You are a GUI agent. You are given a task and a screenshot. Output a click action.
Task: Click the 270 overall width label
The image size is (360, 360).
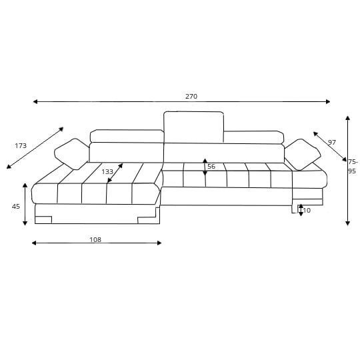[191, 96]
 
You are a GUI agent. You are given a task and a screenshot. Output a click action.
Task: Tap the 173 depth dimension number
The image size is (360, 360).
[21, 146]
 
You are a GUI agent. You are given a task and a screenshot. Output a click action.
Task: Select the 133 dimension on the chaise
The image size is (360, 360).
[107, 172]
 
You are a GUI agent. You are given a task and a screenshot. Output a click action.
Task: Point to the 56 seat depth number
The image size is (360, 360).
[211, 167]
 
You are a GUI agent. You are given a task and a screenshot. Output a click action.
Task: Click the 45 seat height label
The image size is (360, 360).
[16, 207]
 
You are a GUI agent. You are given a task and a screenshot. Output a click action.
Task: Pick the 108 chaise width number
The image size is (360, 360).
[95, 240]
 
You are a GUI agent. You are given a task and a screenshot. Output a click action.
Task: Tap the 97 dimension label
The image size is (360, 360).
[331, 143]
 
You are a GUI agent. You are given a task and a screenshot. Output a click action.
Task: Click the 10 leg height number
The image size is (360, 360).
[305, 210]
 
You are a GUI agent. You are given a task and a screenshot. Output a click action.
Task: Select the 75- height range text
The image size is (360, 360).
[353, 162]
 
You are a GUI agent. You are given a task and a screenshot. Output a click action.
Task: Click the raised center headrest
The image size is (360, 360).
[193, 127]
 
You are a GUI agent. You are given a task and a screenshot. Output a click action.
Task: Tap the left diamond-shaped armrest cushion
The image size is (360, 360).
[71, 154]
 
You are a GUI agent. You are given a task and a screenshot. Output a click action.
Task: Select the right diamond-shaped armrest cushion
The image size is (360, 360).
[303, 155]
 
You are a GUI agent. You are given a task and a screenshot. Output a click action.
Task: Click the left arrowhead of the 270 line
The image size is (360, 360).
[35, 101]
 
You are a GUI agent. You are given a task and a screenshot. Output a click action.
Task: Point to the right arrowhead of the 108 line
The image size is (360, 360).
[159, 243]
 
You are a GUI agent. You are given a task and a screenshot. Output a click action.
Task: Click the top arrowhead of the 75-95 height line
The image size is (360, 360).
[347, 118]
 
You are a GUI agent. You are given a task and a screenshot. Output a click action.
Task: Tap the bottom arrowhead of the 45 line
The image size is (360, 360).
[25, 223]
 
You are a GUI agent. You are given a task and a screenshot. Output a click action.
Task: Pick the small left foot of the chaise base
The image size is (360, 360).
[43, 220]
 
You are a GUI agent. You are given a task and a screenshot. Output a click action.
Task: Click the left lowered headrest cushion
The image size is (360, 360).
[127, 136]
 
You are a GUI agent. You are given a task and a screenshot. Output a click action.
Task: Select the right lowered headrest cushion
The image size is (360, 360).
[254, 137]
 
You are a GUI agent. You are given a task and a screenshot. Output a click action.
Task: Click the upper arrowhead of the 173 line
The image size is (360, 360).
[61, 129]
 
